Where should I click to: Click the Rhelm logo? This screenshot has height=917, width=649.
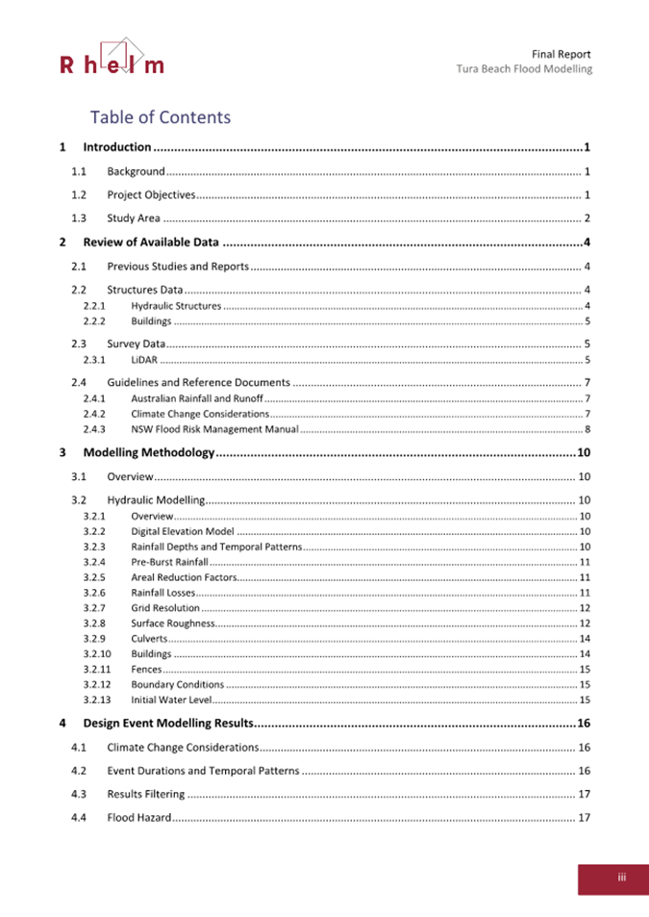point(112,57)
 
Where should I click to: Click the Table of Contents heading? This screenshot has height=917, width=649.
point(161,117)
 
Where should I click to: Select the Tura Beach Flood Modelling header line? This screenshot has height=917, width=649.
point(524,69)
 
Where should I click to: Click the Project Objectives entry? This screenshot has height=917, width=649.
point(151,195)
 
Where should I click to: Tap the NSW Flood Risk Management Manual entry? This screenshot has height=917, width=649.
point(214,428)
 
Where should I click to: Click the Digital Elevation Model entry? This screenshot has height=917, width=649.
point(183,531)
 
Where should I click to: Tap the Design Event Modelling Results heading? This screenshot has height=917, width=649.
point(167,723)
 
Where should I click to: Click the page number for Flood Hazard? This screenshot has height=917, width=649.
point(583,818)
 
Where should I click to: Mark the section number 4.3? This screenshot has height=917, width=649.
point(80,794)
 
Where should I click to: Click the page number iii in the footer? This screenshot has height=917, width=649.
point(622,878)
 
